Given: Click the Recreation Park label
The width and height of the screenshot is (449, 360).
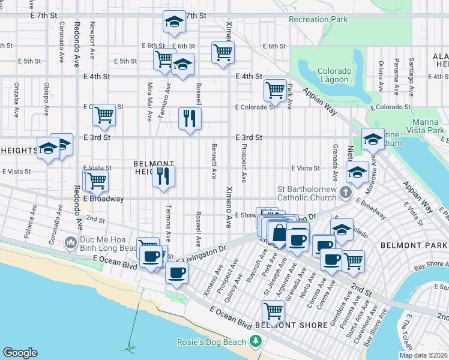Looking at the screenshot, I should click(x=318, y=20).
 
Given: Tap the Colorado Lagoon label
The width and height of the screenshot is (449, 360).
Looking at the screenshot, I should click(x=333, y=75).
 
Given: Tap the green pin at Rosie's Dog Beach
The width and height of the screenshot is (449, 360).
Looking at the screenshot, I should click(x=256, y=341).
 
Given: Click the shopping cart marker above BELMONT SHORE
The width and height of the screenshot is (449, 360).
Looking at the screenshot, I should click(x=273, y=311).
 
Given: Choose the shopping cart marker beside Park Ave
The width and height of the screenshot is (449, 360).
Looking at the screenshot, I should click(x=275, y=90).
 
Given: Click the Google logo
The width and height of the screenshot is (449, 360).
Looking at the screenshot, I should click(x=20, y=353).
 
